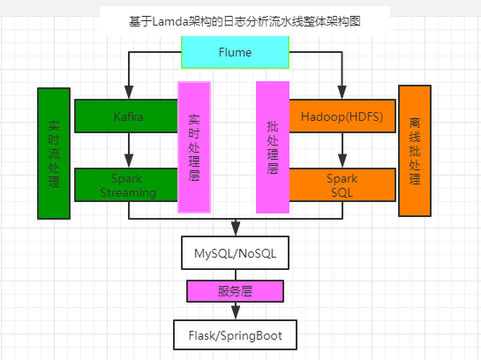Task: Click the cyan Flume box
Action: point(236,52)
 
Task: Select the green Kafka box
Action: point(126,116)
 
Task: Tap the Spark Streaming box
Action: point(126,185)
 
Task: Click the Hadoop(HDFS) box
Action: point(342,116)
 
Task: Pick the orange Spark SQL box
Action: point(342,185)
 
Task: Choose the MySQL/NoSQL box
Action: point(236,253)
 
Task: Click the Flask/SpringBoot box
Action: point(236,335)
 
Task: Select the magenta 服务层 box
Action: point(236,291)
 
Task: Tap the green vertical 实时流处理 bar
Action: point(54,154)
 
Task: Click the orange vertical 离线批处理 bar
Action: point(415,151)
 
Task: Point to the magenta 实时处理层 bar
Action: point(194,147)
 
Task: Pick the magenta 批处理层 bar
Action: point(273,147)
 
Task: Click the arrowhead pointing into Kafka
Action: point(129,93)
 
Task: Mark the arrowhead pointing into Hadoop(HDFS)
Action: point(342,93)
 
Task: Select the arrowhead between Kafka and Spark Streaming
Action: point(129,161)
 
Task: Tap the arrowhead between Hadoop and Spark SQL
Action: point(342,161)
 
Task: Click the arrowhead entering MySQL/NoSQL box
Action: point(236,229)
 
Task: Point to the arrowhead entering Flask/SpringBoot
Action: point(236,312)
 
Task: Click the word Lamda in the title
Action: point(170,22)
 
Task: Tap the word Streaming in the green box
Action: point(128,193)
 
